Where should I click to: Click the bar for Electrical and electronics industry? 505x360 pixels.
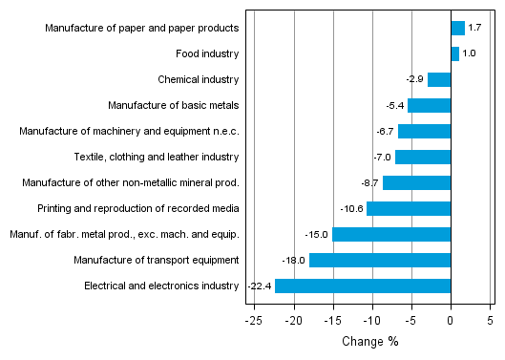coord(363,286)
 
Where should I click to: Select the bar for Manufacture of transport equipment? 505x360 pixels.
coord(380,260)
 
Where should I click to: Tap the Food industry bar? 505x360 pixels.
coord(454,54)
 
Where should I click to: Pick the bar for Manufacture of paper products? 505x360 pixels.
coord(457,29)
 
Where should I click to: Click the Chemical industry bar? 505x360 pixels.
coord(439,80)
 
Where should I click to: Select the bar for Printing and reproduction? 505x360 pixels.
coord(409,208)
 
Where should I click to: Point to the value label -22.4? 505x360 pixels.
coord(260,286)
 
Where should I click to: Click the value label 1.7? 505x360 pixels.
coord(474,29)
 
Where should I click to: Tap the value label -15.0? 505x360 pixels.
coord(318,234)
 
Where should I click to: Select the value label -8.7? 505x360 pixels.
coord(369,182)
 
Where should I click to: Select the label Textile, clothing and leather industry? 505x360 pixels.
coord(157,157)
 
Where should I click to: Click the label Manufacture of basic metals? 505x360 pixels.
coord(173,106)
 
